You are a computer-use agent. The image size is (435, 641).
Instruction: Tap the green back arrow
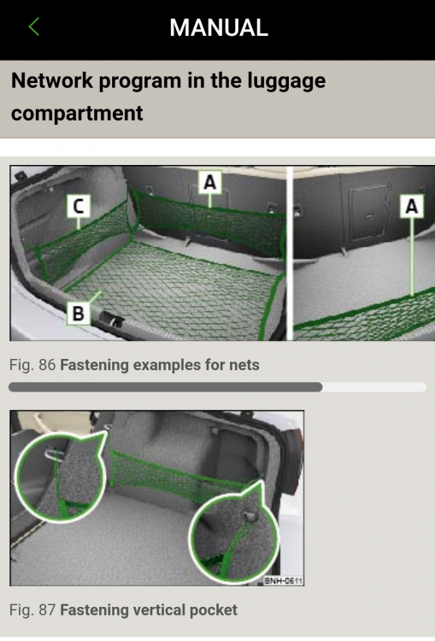[34, 26]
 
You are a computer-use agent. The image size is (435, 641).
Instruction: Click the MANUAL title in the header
[219, 28]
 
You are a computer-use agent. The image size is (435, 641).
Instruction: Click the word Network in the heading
[52, 80]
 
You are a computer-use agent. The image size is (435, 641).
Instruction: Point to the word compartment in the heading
[77, 114]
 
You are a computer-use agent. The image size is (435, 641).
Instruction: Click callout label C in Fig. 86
[78, 206]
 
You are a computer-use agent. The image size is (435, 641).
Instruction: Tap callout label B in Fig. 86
[78, 314]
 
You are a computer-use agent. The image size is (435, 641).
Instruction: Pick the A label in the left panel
[209, 181]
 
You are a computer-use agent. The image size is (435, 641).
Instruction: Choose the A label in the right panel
[411, 206]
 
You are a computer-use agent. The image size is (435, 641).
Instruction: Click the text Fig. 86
[32, 365]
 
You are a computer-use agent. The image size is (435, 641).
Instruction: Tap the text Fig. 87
[32, 610]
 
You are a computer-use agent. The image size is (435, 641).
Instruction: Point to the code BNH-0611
[284, 580]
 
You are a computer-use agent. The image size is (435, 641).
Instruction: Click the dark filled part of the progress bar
[165, 386]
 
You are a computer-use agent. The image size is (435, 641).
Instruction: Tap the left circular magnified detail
[61, 478]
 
